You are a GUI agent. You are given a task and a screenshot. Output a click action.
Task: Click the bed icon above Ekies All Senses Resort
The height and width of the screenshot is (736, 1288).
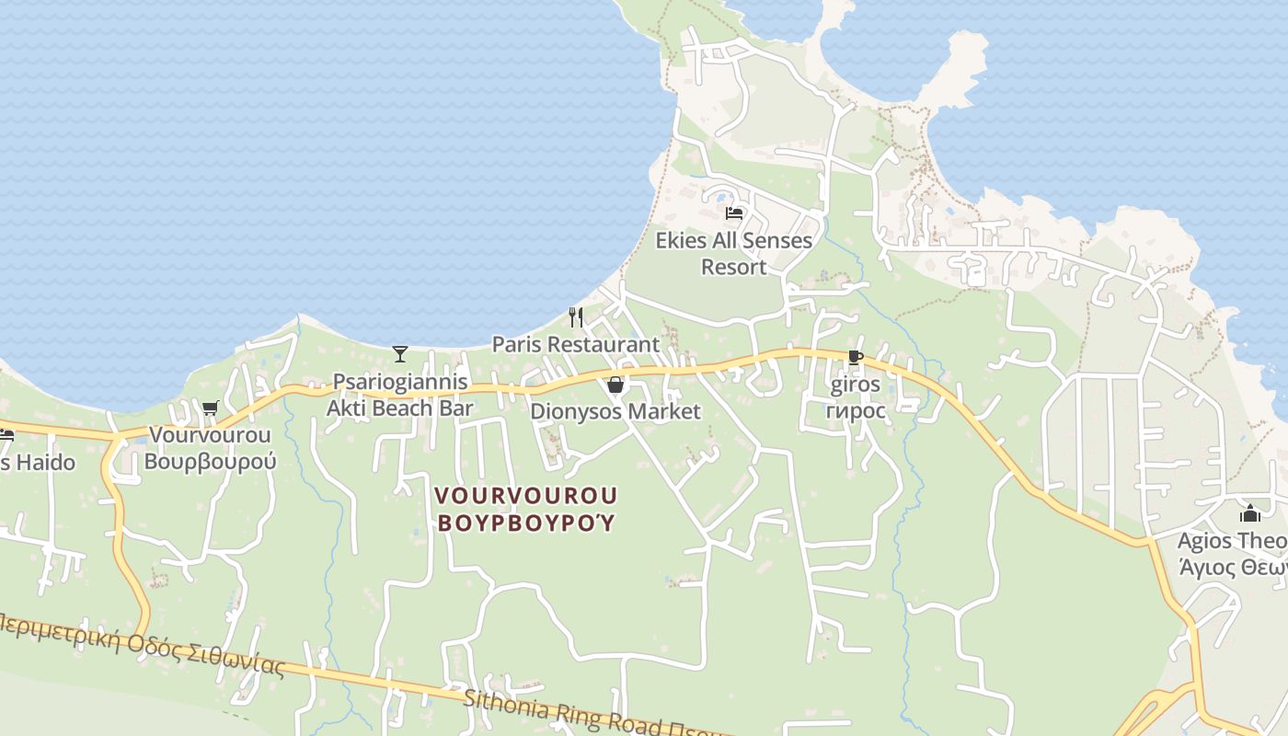click(733, 213)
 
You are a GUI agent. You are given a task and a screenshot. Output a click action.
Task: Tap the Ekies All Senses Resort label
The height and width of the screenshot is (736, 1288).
click(733, 253)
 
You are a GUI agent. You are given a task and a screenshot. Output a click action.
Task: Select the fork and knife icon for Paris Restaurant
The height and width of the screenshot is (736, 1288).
click(576, 317)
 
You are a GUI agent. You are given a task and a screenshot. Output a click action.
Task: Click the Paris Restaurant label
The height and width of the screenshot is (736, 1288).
click(576, 344)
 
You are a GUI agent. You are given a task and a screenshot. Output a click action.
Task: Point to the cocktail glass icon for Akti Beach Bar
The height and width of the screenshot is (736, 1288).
click(400, 353)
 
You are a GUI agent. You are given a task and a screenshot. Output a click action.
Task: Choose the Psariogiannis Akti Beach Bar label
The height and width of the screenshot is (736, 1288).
click(400, 395)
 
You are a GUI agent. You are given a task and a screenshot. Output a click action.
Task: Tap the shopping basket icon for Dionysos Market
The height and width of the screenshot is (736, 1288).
click(615, 385)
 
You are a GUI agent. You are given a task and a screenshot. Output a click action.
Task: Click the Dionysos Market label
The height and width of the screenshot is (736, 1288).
click(615, 411)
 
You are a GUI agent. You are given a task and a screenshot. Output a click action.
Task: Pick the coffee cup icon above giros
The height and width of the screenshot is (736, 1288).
click(856, 357)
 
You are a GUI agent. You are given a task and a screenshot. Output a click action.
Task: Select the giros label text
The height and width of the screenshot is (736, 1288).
click(856, 385)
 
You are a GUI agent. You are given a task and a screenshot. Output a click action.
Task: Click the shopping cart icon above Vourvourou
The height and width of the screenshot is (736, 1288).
click(210, 408)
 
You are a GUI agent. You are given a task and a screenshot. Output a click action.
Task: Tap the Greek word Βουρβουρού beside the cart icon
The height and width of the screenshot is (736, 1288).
click(210, 461)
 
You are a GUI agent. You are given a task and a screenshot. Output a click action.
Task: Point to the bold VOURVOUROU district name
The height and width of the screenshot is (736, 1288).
click(525, 495)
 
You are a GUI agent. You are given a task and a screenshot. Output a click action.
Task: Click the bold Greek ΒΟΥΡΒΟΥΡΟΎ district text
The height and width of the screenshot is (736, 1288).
click(525, 523)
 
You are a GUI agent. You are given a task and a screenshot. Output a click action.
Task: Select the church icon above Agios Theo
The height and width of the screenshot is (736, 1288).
click(1249, 513)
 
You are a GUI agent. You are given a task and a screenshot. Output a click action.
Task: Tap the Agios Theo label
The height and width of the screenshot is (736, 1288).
click(1232, 541)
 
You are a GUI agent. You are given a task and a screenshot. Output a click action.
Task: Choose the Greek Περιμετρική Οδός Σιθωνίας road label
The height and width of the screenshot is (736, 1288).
click(138, 643)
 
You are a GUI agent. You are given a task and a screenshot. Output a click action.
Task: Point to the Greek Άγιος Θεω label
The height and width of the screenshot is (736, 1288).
click(1232, 568)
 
